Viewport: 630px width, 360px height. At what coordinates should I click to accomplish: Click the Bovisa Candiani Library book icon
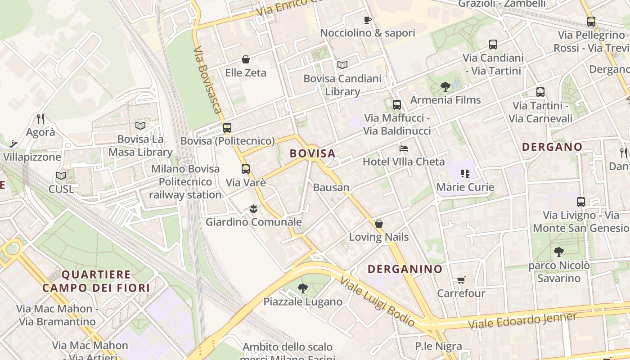coord(342,65)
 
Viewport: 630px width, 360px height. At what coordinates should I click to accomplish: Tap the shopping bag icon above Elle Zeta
coord(246,59)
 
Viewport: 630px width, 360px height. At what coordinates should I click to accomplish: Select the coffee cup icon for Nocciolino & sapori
coord(367,20)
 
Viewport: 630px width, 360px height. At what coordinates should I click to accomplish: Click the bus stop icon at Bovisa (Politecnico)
coord(227,127)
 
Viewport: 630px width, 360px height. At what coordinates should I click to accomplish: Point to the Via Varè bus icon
coord(245,169)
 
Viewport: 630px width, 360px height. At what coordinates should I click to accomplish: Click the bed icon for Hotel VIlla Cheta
coord(404,148)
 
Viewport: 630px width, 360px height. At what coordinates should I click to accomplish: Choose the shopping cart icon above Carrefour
coord(461,280)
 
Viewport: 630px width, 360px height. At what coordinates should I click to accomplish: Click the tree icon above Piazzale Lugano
coord(303,288)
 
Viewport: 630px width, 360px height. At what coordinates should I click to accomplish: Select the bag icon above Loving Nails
coord(379,224)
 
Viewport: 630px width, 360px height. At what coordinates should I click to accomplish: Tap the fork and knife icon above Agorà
coord(40,119)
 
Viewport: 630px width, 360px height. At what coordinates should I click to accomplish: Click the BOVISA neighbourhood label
coord(313,153)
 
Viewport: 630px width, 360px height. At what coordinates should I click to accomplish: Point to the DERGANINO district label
coord(405,269)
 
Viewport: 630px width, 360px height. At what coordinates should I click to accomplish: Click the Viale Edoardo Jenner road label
coord(522,320)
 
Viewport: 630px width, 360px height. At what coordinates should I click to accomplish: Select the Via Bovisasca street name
coord(208,80)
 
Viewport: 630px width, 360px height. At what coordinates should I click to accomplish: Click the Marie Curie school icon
coord(465,173)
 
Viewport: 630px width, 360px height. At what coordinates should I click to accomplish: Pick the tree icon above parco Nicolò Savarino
coord(558,252)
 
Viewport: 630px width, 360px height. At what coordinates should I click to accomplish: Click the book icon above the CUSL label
coord(61,175)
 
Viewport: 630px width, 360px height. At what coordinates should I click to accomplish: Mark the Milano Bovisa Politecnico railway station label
coord(185,182)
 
